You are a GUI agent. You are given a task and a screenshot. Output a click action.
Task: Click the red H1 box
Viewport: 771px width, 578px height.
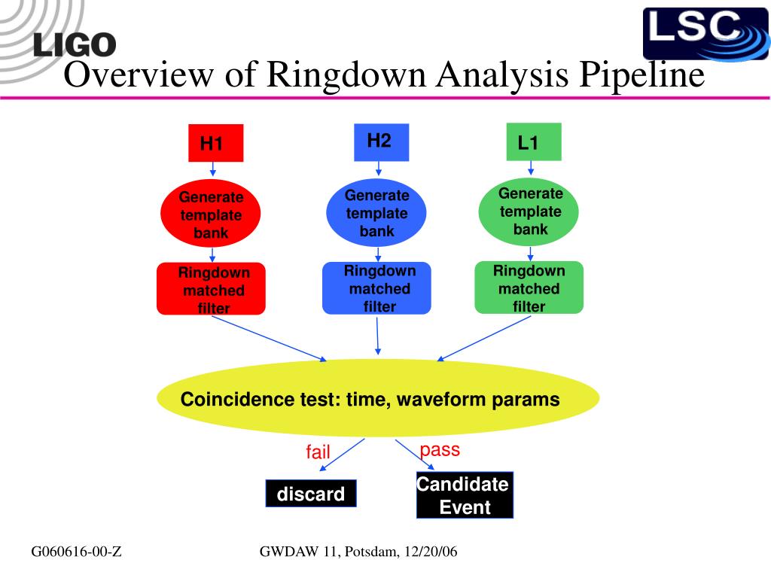215,143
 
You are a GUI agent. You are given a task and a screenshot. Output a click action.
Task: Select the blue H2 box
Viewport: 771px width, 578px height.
380,141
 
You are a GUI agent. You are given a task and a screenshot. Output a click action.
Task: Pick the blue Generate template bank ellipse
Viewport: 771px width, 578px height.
376,213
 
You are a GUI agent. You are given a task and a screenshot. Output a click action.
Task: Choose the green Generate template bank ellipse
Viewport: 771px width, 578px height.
530,211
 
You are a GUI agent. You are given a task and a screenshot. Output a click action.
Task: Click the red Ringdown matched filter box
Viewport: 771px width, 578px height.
211,289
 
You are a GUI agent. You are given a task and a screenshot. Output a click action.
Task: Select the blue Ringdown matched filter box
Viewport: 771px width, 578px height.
376,287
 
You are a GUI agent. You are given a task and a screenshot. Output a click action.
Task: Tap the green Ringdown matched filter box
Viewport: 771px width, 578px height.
529,287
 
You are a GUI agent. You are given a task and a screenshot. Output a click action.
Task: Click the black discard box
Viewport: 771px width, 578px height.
311,494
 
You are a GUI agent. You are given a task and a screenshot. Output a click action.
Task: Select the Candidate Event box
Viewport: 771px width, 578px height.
465,495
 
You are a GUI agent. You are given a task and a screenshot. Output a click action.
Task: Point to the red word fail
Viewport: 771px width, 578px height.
318,452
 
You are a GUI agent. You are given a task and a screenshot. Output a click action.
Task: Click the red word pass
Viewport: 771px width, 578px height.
440,450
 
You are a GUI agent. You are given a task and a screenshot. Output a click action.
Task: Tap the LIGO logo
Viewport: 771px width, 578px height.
75,45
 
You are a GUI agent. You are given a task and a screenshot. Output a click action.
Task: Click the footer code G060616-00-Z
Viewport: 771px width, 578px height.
77,553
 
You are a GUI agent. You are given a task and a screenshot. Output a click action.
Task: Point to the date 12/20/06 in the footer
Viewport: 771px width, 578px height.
431,553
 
